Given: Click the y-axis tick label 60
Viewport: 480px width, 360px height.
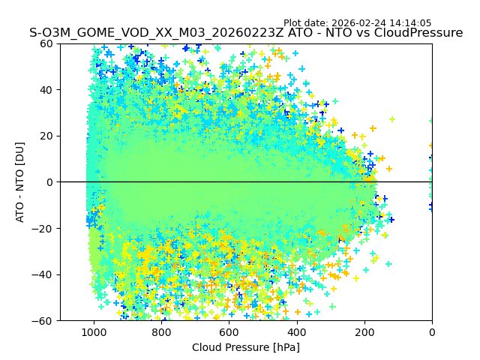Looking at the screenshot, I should (46, 43).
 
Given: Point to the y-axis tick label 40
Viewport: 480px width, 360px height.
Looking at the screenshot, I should (46, 90).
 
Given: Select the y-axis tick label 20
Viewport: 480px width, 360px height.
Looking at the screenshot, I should (46, 136).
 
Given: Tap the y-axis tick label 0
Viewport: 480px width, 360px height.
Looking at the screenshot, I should (49, 182).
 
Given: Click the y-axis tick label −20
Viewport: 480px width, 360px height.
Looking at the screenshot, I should (43, 229).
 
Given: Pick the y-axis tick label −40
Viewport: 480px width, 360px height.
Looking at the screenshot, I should (43, 274).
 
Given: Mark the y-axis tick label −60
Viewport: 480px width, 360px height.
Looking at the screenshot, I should (43, 321).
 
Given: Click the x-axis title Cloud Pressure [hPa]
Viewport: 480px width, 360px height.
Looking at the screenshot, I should (245, 347).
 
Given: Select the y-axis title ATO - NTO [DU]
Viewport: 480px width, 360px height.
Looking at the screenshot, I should (21, 182).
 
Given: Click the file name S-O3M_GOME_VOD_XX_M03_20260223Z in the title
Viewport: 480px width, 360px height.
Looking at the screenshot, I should (157, 33).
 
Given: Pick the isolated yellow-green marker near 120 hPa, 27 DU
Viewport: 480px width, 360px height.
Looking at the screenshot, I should (391, 119).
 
